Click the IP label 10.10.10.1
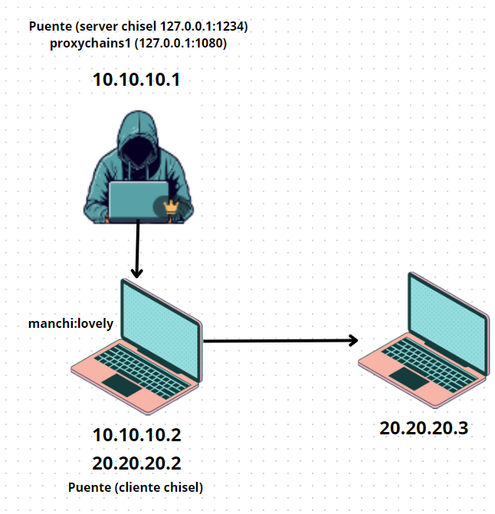[137, 79]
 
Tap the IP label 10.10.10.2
[137, 436]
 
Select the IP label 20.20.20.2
[137, 463]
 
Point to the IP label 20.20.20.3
[424, 428]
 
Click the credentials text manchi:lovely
[70, 323]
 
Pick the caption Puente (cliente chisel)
[136, 487]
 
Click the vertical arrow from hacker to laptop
[138, 249]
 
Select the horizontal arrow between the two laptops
[282, 340]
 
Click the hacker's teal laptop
[138, 201]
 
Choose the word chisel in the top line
[143, 27]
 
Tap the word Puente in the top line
[50, 27]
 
